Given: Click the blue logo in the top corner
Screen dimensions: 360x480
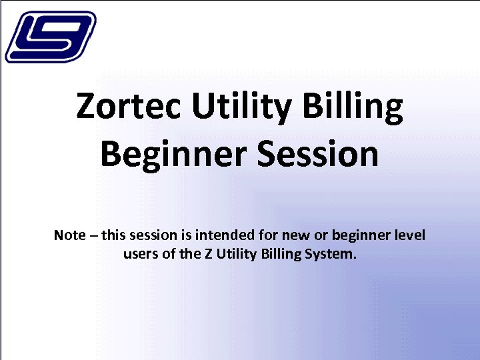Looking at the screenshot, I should click(x=50, y=37).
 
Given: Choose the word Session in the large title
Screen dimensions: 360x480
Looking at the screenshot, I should click(x=319, y=155).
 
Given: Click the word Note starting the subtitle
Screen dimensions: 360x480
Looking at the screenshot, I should click(x=69, y=235).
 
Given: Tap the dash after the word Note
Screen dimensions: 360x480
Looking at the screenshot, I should click(x=93, y=236).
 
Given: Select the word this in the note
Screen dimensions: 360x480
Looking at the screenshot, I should click(x=113, y=235).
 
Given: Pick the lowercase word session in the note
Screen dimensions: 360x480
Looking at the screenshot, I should click(x=152, y=236).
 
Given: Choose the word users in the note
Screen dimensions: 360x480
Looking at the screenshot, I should click(x=141, y=254).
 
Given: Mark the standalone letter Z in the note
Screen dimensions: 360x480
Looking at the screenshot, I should click(x=205, y=254).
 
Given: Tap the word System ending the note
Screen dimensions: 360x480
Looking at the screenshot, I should click(x=331, y=254).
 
